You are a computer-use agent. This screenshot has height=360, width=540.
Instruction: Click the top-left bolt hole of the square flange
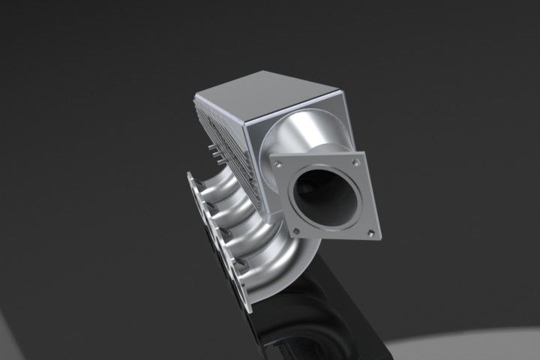pos(278,161)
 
